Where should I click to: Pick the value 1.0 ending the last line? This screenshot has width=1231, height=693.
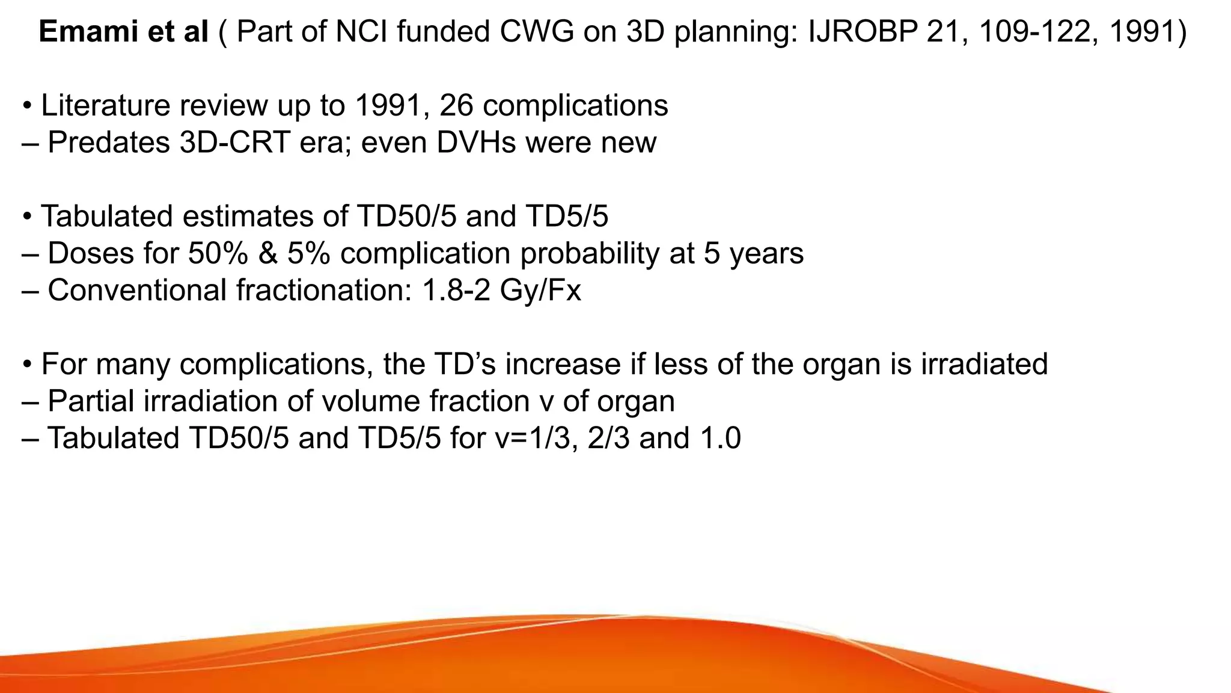click(719, 438)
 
